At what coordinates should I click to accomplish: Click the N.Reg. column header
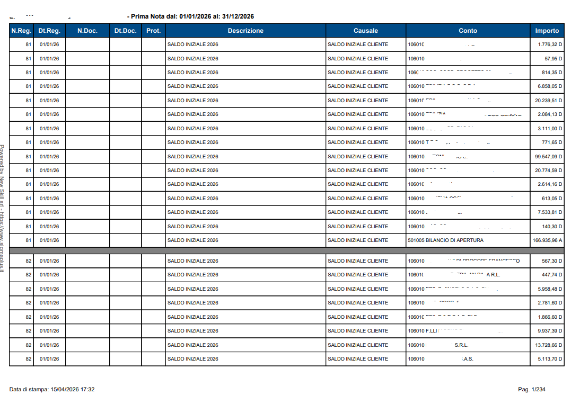[21, 31]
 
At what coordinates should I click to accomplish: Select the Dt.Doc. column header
[125, 31]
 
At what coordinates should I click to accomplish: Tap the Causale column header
[366, 31]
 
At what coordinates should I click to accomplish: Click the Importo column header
[547, 31]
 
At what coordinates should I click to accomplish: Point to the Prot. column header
[153, 31]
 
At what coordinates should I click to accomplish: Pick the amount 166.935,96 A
[547, 240]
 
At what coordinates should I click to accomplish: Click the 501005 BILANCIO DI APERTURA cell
[445, 240]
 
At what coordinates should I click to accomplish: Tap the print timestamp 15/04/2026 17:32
[73, 389]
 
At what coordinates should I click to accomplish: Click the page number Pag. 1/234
[531, 389]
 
